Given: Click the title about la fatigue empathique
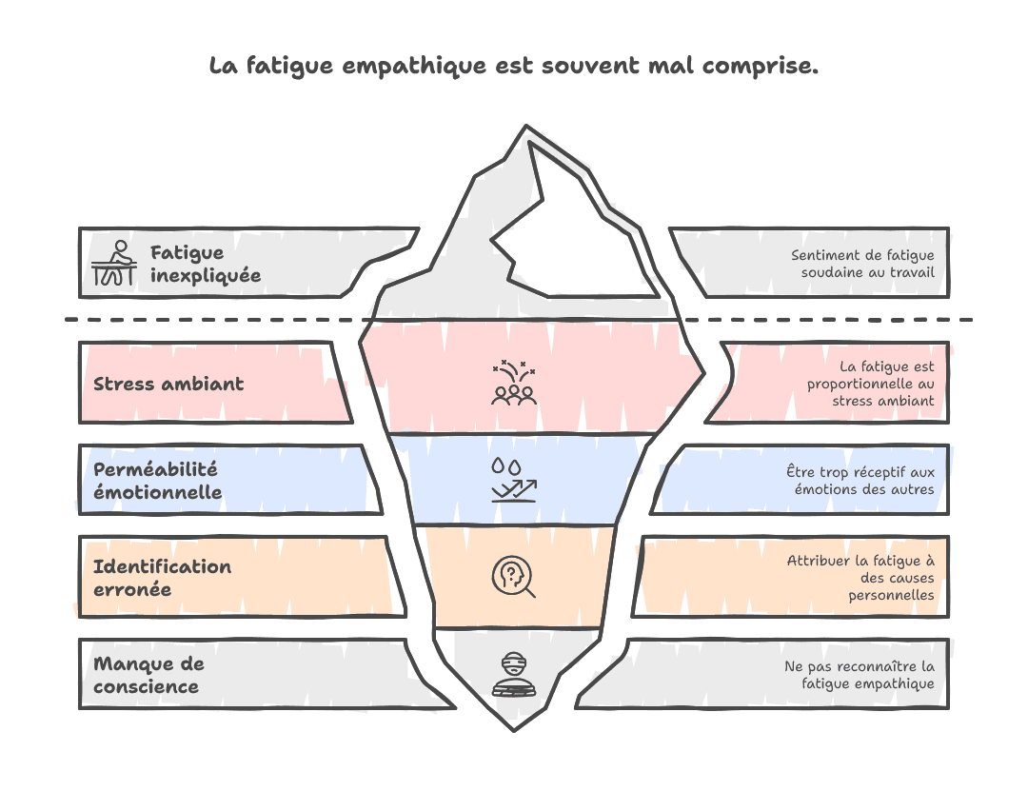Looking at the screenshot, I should pos(513,68).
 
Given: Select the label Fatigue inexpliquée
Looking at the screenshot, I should pos(205,264).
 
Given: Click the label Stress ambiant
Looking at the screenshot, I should pos(168,384).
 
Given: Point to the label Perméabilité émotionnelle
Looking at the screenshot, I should pos(157,481).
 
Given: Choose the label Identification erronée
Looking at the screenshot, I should pos(162,578).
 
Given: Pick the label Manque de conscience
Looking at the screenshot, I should pos(148,675).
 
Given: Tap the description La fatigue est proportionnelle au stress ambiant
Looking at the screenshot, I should pos(870,384).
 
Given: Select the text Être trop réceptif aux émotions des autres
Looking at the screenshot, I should pos(860,481).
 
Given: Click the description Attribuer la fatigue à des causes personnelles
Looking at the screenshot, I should pos(860,578).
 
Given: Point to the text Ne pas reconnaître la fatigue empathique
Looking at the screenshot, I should pos(859,675).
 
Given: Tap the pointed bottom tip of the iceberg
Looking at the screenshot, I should pos(513,727).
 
